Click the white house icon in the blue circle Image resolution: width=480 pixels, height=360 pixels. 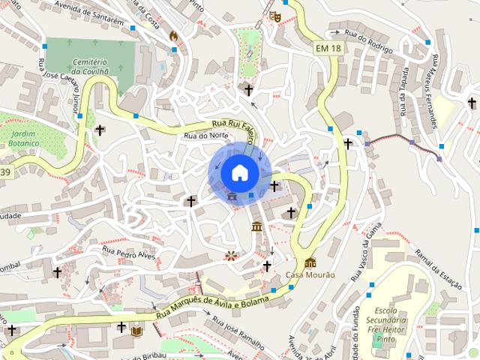click(x=239, y=172)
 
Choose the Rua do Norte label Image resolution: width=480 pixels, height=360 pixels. click(x=205, y=136)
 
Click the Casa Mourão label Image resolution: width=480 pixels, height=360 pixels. click(x=310, y=274)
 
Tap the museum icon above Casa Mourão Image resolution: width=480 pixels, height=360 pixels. click(x=310, y=262)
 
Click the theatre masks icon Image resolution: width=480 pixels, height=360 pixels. click(x=274, y=14)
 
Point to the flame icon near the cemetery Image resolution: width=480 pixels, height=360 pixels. click(x=173, y=35)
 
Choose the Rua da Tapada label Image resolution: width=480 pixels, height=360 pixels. click(x=403, y=91)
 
